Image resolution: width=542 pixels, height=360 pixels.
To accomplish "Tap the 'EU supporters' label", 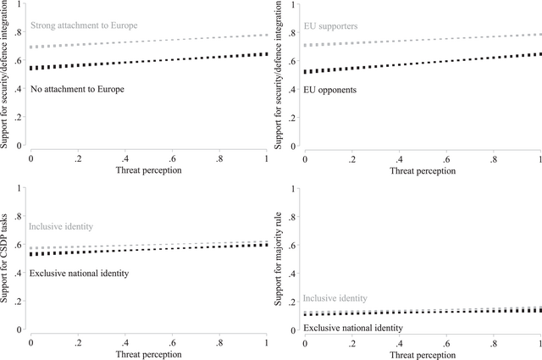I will tap(330, 25).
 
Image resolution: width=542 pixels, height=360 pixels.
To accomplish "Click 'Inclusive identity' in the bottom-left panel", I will tap(60, 226).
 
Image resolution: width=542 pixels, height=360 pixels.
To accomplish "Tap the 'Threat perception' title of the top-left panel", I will tap(149, 170).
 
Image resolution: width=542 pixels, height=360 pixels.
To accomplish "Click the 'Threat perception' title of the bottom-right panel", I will tap(422, 356).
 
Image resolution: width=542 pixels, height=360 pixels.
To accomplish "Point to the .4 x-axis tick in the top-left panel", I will tap(125, 158).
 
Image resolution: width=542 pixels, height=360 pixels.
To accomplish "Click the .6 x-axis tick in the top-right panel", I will tap(445, 158).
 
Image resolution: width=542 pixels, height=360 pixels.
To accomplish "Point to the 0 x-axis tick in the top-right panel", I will tap(304, 158).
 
